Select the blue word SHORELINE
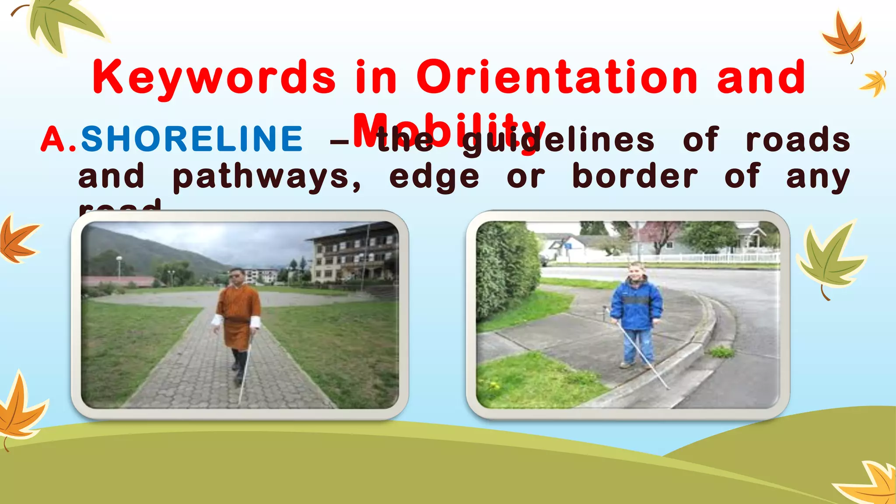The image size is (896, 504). [x=192, y=139]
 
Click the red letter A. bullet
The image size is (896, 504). [x=59, y=139]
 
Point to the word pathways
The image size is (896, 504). [x=267, y=177]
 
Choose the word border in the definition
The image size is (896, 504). [x=635, y=176]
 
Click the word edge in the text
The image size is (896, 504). [x=434, y=177]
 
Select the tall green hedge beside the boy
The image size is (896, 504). [x=507, y=271]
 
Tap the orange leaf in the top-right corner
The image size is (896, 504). [x=843, y=37]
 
